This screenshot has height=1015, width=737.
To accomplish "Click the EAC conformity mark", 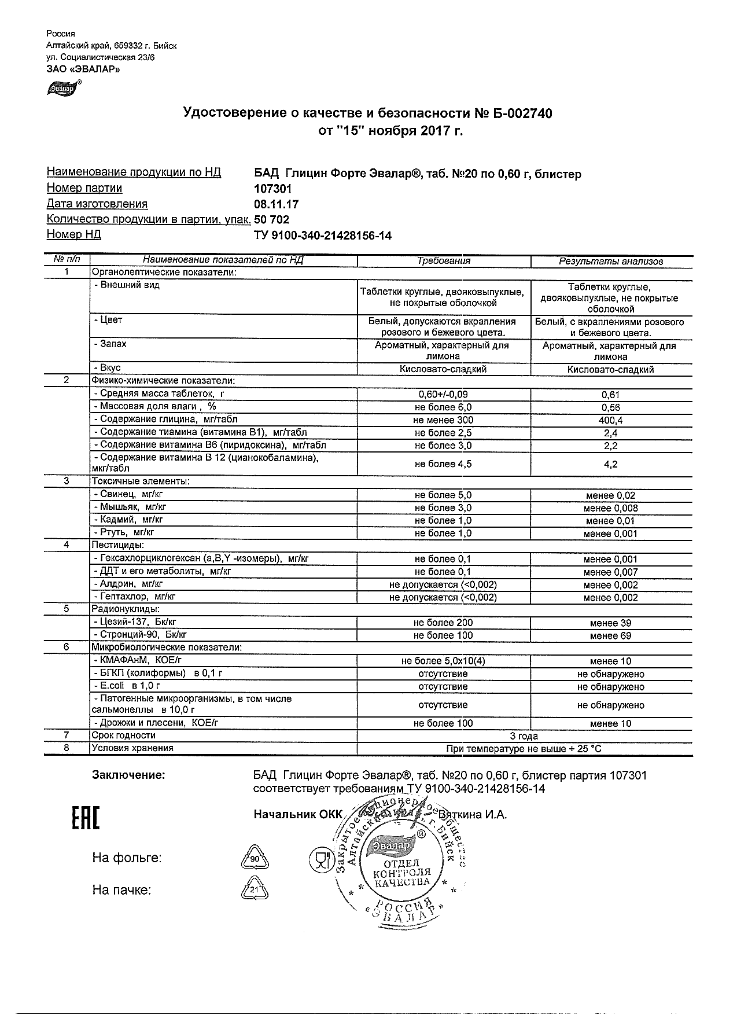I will (x=85, y=817).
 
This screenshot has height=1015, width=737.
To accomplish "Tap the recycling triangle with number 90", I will (x=255, y=859).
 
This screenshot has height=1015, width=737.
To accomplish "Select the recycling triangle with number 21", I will (x=255, y=890).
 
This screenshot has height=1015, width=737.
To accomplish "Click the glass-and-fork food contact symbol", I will (x=319, y=860).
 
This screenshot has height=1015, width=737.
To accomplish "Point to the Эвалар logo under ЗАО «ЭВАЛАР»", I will (x=62, y=88).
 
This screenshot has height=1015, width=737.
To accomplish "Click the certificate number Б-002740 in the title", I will (x=519, y=113).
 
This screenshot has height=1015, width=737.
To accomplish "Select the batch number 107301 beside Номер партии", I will (x=273, y=189).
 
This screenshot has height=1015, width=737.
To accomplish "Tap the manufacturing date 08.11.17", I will (x=277, y=204).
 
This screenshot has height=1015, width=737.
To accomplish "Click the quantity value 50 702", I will (x=272, y=220).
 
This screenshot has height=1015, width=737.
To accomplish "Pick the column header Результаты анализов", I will (x=611, y=261).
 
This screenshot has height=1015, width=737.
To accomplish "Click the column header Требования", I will (x=444, y=260).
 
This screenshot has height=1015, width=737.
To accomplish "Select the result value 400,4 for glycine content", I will (x=611, y=420).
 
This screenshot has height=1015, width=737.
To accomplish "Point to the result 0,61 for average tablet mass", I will (x=611, y=395).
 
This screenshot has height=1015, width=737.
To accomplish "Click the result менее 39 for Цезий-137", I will (x=611, y=623).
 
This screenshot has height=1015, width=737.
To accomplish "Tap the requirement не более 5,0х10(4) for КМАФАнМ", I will (x=444, y=661).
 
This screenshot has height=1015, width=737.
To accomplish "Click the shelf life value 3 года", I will (x=524, y=736).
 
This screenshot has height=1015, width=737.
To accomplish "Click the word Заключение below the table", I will (x=128, y=775).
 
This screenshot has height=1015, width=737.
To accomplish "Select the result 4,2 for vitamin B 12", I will (x=611, y=464).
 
